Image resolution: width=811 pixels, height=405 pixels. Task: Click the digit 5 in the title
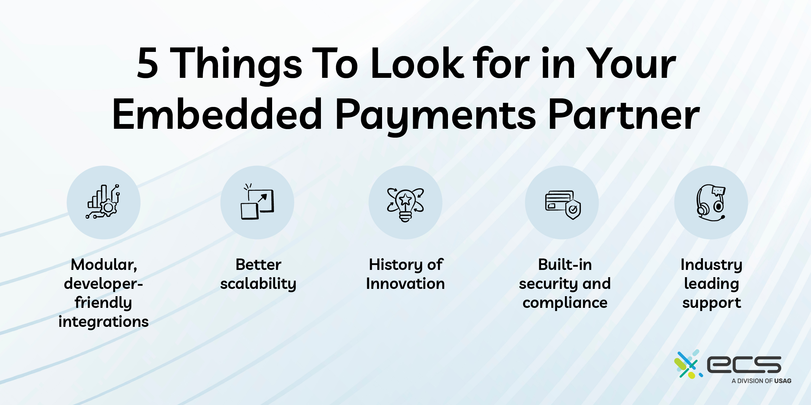pyautogui.click(x=148, y=63)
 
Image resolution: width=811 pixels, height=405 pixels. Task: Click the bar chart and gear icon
pyautogui.click(x=103, y=202)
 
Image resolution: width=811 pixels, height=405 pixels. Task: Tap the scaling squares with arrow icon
pyautogui.click(x=257, y=201)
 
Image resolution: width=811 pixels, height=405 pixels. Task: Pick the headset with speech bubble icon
pyautogui.click(x=711, y=202)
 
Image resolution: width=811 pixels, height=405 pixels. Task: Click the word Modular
pyautogui.click(x=104, y=265)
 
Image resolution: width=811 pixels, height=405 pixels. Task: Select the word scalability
pyautogui.click(x=258, y=284)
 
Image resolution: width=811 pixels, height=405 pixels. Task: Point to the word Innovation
pyautogui.click(x=405, y=283)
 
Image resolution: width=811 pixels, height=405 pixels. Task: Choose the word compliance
pyautogui.click(x=565, y=303)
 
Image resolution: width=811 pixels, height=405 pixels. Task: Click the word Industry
pyautogui.click(x=712, y=265)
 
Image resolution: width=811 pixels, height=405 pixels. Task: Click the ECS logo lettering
pyautogui.click(x=744, y=364)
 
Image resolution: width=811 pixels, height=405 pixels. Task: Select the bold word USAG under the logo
pyautogui.click(x=783, y=381)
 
